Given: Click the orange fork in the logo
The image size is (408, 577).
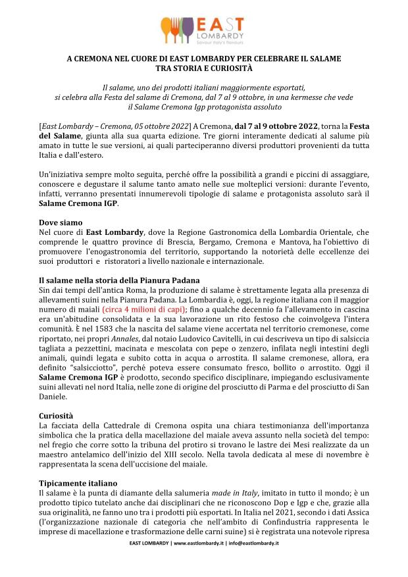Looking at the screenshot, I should pos(168,28).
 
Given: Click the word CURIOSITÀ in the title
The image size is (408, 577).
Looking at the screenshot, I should pos(226,67).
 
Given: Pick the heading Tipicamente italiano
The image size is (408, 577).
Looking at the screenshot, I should pos(78,483).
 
